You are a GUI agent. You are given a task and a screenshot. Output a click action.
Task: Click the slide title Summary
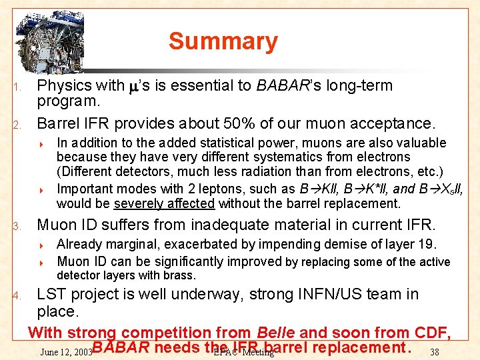(223, 41)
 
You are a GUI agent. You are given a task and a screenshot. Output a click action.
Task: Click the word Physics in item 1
(60, 85)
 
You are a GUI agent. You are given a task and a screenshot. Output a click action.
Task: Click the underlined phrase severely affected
(165, 203)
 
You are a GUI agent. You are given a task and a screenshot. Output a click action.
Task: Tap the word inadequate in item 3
(223, 225)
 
